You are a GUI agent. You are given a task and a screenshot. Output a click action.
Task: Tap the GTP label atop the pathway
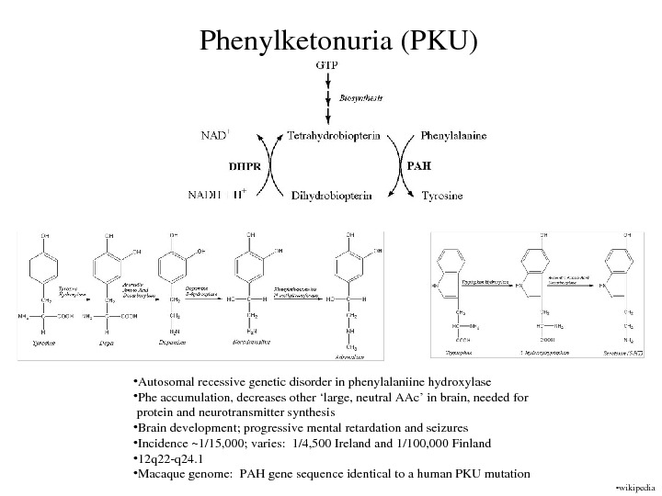326,66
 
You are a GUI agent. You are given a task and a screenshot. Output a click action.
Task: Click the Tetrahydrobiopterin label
334,136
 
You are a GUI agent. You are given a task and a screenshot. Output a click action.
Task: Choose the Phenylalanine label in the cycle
454,136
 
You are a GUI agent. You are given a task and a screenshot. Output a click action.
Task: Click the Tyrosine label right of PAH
442,196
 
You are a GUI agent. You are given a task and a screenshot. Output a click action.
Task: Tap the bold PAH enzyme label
419,166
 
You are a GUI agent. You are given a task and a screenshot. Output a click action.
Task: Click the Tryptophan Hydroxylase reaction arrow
488,285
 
